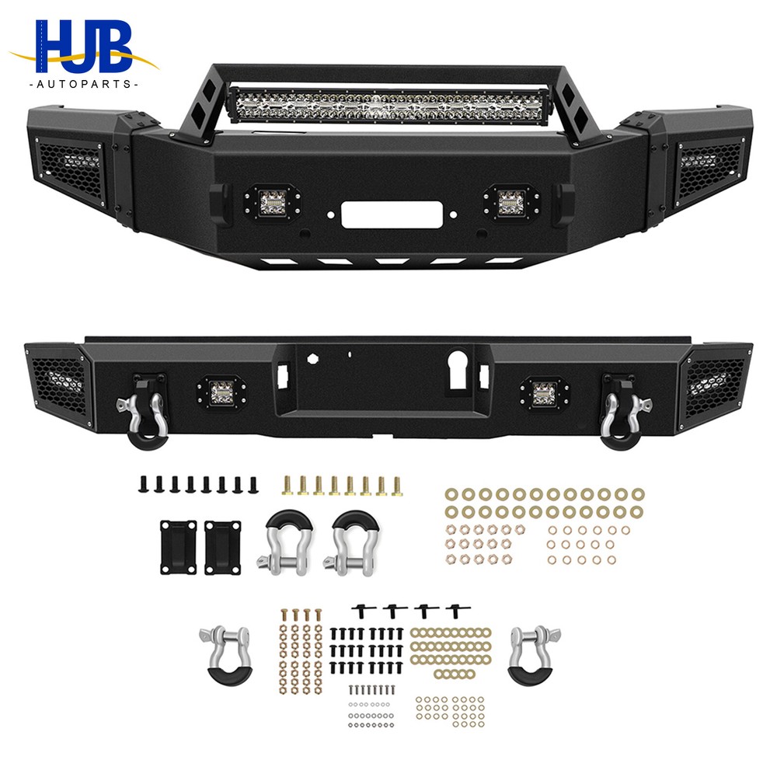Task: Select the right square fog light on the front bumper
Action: click(x=507, y=202)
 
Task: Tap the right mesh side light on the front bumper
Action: click(x=708, y=168)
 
